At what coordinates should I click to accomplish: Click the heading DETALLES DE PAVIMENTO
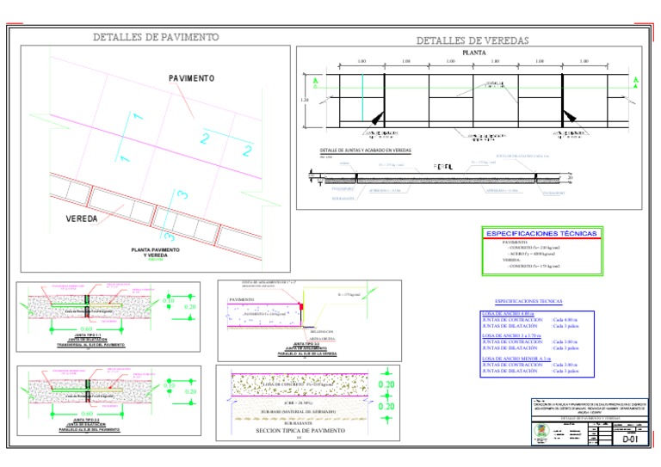tap(156, 37)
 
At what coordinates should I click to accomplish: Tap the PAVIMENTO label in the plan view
tap(191, 78)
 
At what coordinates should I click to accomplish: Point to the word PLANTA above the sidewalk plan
tap(470, 53)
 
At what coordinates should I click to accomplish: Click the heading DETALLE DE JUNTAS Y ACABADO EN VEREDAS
tap(365, 151)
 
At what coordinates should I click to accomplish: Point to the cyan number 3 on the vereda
tap(182, 195)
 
